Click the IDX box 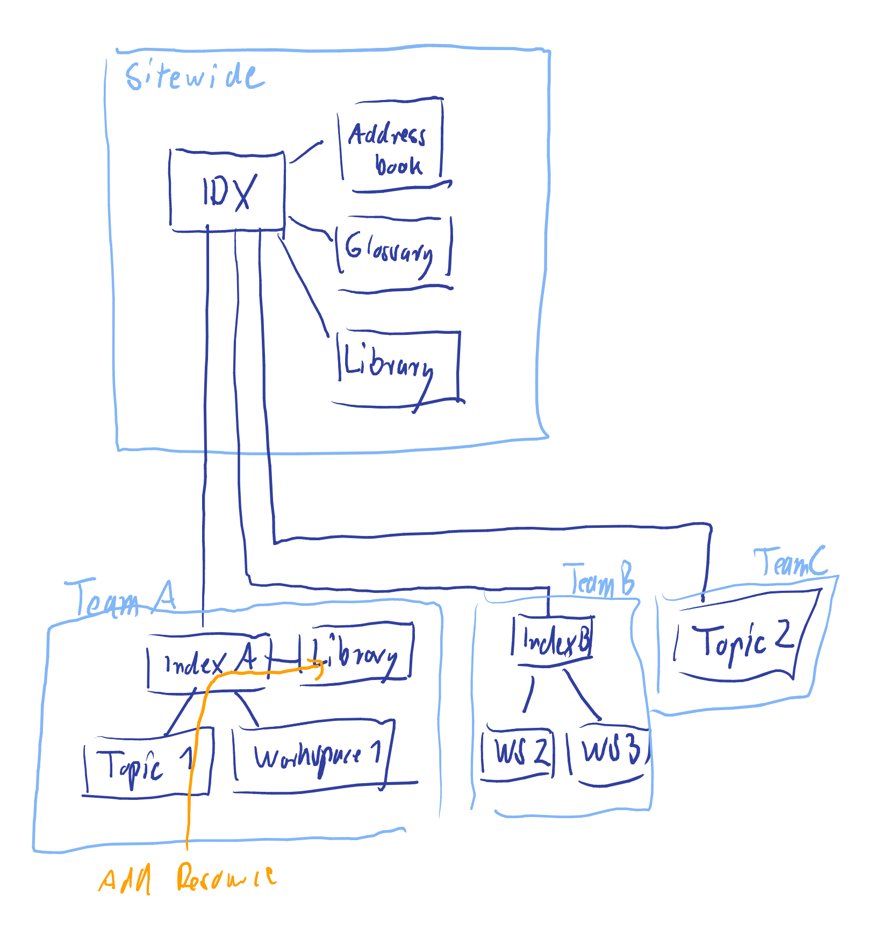click(227, 191)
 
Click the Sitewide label click(193, 76)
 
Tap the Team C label click(790, 562)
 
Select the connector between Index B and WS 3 click(582, 696)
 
